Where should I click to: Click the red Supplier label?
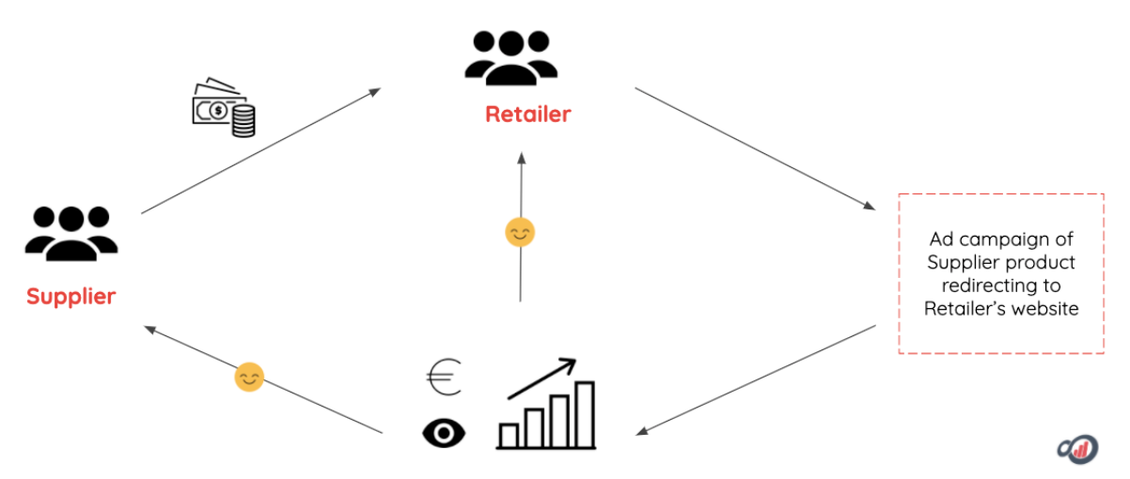(x=71, y=297)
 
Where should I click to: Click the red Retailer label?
(x=527, y=115)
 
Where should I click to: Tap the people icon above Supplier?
(x=71, y=233)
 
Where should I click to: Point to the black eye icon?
(x=443, y=432)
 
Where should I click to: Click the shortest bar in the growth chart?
(x=509, y=435)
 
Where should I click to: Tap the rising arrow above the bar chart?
(x=541, y=378)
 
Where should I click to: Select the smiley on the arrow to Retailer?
(x=520, y=232)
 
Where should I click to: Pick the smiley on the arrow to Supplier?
(x=249, y=378)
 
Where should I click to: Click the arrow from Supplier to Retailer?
(x=260, y=151)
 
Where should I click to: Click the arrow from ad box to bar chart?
(x=758, y=379)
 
